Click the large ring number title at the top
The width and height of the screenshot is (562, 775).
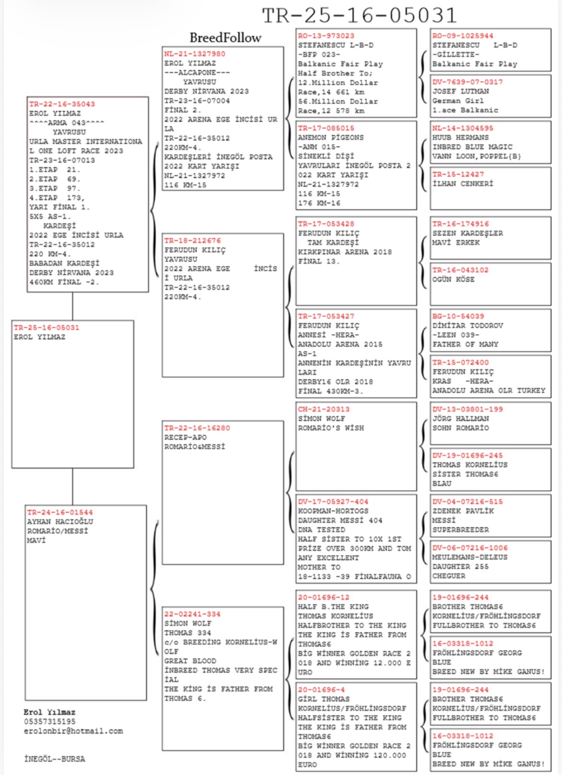(359, 15)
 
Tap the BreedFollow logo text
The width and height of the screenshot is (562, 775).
(225, 37)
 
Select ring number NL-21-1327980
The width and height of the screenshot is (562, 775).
(195, 54)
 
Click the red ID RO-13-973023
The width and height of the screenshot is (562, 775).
(326, 36)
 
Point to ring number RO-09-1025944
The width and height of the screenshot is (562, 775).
(463, 36)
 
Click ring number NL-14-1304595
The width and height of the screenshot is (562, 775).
(463, 128)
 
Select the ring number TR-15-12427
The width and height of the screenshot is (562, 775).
(458, 174)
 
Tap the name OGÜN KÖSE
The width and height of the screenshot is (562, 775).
(453, 279)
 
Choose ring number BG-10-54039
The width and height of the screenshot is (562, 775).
(458, 316)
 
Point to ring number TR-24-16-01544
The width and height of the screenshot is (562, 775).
(60, 512)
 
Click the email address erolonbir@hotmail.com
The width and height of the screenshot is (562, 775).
(73, 731)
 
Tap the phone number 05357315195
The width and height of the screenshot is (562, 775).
(49, 722)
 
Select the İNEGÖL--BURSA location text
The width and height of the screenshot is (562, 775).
(54, 759)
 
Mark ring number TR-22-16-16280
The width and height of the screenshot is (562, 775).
(197, 428)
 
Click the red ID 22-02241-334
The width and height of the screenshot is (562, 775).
(192, 614)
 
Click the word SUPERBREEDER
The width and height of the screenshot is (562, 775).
(460, 530)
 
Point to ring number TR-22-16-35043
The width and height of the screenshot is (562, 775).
(62, 104)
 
